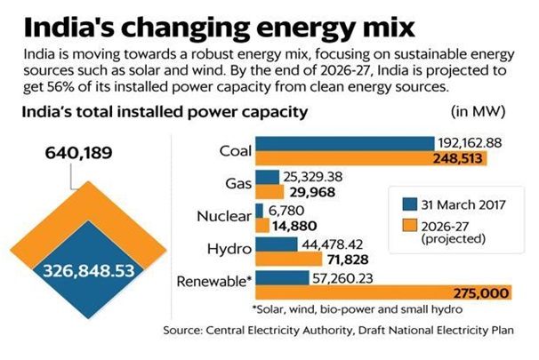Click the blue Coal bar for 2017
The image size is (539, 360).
[x=343, y=144]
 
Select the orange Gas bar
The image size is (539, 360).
[x=268, y=191]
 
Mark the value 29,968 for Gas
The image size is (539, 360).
[x=309, y=191]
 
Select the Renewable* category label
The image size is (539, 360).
[x=218, y=284]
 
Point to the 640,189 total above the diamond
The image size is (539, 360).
[x=80, y=152]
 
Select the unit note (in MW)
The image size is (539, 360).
[x=479, y=114]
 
